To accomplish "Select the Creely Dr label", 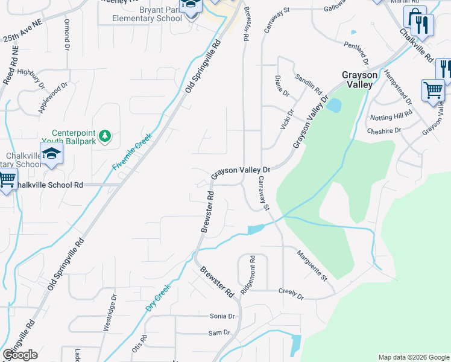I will (291, 293).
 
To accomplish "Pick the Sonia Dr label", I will (221, 316).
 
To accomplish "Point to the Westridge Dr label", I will (113, 308).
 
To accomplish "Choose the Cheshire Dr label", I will (384, 130).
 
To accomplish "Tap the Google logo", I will (20, 355).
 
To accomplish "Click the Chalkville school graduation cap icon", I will (52, 154).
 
